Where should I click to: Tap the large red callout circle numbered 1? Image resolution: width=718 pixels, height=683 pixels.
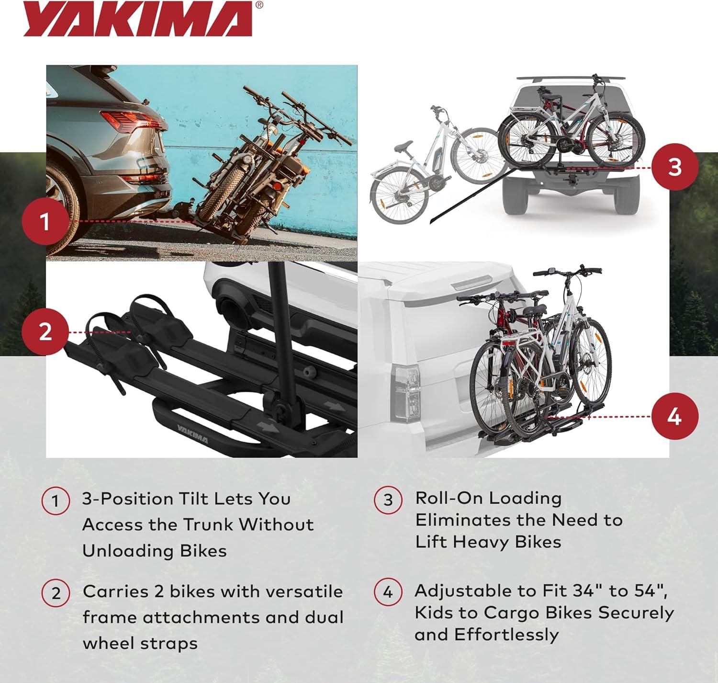coord(45,221)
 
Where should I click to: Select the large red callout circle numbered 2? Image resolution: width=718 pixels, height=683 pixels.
coord(45,332)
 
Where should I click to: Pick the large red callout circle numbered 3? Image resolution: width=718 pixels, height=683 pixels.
coord(674,167)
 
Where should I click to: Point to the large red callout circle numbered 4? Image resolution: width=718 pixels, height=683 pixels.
coord(674,416)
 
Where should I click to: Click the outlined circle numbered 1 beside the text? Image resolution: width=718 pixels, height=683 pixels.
coord(56,501)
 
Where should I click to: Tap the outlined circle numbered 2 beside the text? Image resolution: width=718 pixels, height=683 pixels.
coord(56,593)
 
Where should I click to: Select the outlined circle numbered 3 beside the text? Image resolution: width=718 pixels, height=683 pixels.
coord(388,500)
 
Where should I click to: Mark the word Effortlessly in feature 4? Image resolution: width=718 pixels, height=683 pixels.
coord(506,635)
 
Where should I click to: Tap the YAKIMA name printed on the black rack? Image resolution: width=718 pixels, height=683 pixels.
coord(192,434)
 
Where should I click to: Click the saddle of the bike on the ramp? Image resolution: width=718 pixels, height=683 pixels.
coord(404,147)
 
